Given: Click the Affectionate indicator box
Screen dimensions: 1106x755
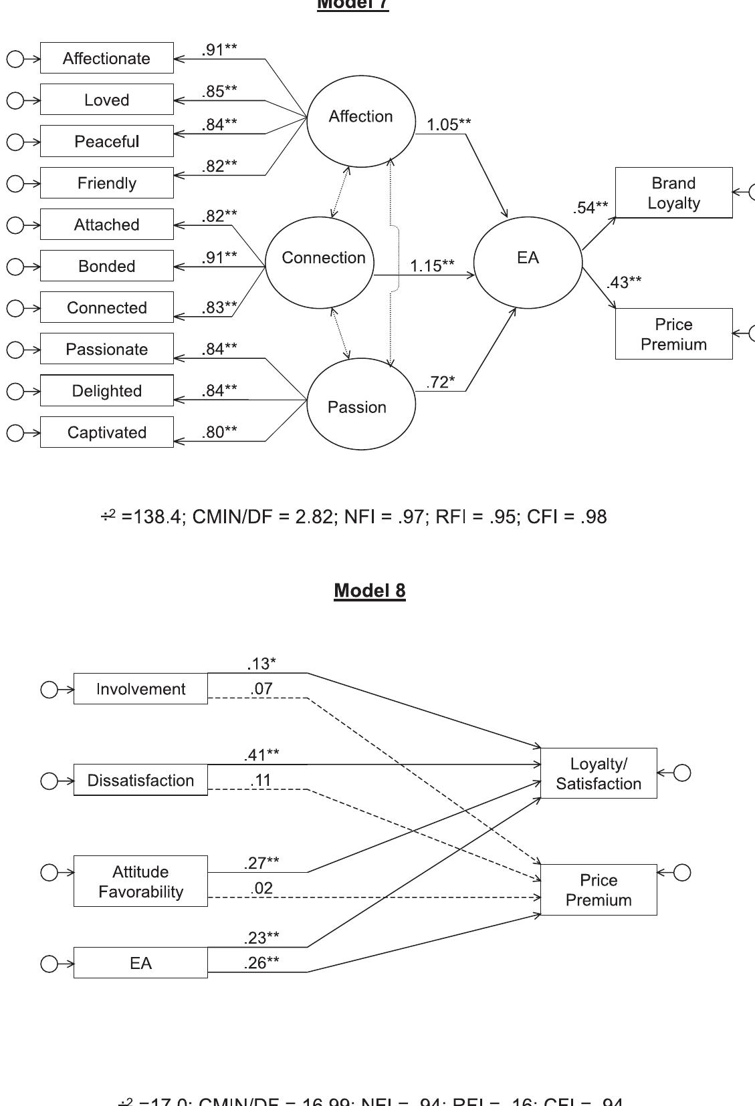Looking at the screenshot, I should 106,58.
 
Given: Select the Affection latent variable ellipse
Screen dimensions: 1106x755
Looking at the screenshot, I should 361,120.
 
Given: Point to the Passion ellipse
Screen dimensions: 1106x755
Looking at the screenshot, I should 361,404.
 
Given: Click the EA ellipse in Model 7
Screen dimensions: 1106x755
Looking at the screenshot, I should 528,262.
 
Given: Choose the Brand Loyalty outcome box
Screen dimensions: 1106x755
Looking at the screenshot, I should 673,192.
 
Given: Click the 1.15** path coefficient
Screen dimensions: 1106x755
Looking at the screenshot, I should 432,266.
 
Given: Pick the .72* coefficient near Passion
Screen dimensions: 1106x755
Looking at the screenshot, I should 440,382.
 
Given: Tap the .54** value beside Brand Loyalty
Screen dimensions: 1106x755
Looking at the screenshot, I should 590,208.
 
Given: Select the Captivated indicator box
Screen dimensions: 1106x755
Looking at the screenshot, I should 106,432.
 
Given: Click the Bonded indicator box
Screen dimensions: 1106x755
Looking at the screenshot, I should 106,266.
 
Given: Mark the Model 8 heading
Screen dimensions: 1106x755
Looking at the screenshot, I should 369,591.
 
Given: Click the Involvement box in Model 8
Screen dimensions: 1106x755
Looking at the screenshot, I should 140,689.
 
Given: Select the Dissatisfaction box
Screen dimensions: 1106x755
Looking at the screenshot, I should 140,780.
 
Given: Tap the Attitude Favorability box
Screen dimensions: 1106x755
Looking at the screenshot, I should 140,881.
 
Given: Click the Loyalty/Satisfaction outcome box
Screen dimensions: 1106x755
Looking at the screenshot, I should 598,773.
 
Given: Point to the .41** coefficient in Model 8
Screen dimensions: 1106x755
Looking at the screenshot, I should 261,755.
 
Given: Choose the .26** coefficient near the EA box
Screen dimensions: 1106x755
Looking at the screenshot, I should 261,963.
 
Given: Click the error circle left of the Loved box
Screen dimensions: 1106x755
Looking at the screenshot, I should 15,100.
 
